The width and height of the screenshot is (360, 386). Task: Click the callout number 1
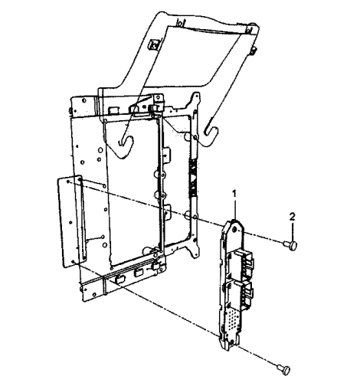point(234,194)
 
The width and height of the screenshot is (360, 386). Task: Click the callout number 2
point(292,217)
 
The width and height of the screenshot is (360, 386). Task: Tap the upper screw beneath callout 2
point(290,245)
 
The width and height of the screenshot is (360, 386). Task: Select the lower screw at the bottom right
point(283,369)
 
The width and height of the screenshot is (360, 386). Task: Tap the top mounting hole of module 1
point(235,229)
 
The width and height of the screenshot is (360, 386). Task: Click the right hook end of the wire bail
point(211,136)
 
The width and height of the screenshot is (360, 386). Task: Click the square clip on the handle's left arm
point(154,44)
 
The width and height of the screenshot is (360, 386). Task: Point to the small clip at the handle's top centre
point(181,24)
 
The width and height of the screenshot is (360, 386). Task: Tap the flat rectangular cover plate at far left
point(71,221)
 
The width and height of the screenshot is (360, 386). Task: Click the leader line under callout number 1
point(234,209)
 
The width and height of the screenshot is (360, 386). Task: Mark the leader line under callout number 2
point(293,231)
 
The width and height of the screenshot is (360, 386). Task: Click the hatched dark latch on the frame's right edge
point(193,178)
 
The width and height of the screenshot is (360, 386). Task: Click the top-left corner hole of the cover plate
point(67,182)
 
